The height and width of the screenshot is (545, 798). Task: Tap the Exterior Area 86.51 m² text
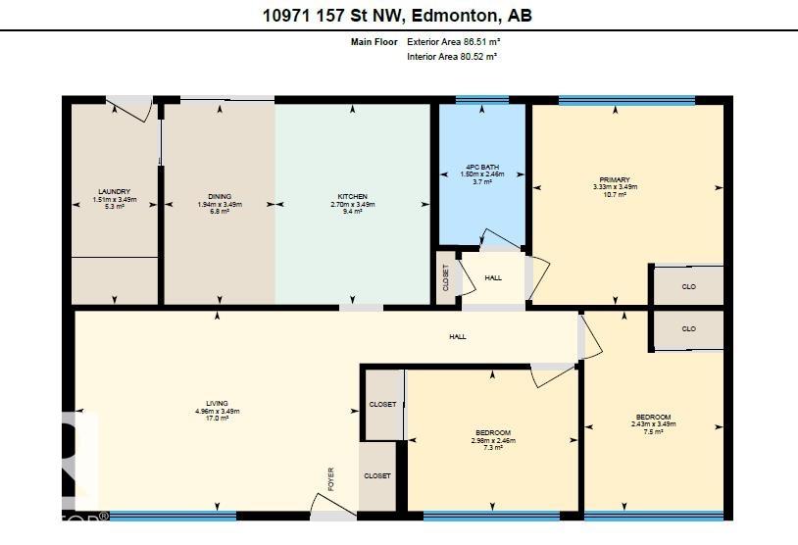click(454, 42)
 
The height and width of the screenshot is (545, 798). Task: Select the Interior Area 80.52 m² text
click(452, 57)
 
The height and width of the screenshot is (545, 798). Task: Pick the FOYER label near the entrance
click(331, 477)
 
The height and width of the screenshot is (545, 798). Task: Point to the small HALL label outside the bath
click(493, 277)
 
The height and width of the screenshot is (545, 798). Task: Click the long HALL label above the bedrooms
click(458, 336)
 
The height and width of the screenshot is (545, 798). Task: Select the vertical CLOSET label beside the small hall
click(445, 279)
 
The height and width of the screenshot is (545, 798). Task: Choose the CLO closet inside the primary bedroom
click(688, 286)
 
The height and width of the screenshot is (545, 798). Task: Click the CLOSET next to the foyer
click(377, 475)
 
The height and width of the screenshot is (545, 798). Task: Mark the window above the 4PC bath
click(474, 100)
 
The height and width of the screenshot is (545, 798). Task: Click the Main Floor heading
click(374, 42)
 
